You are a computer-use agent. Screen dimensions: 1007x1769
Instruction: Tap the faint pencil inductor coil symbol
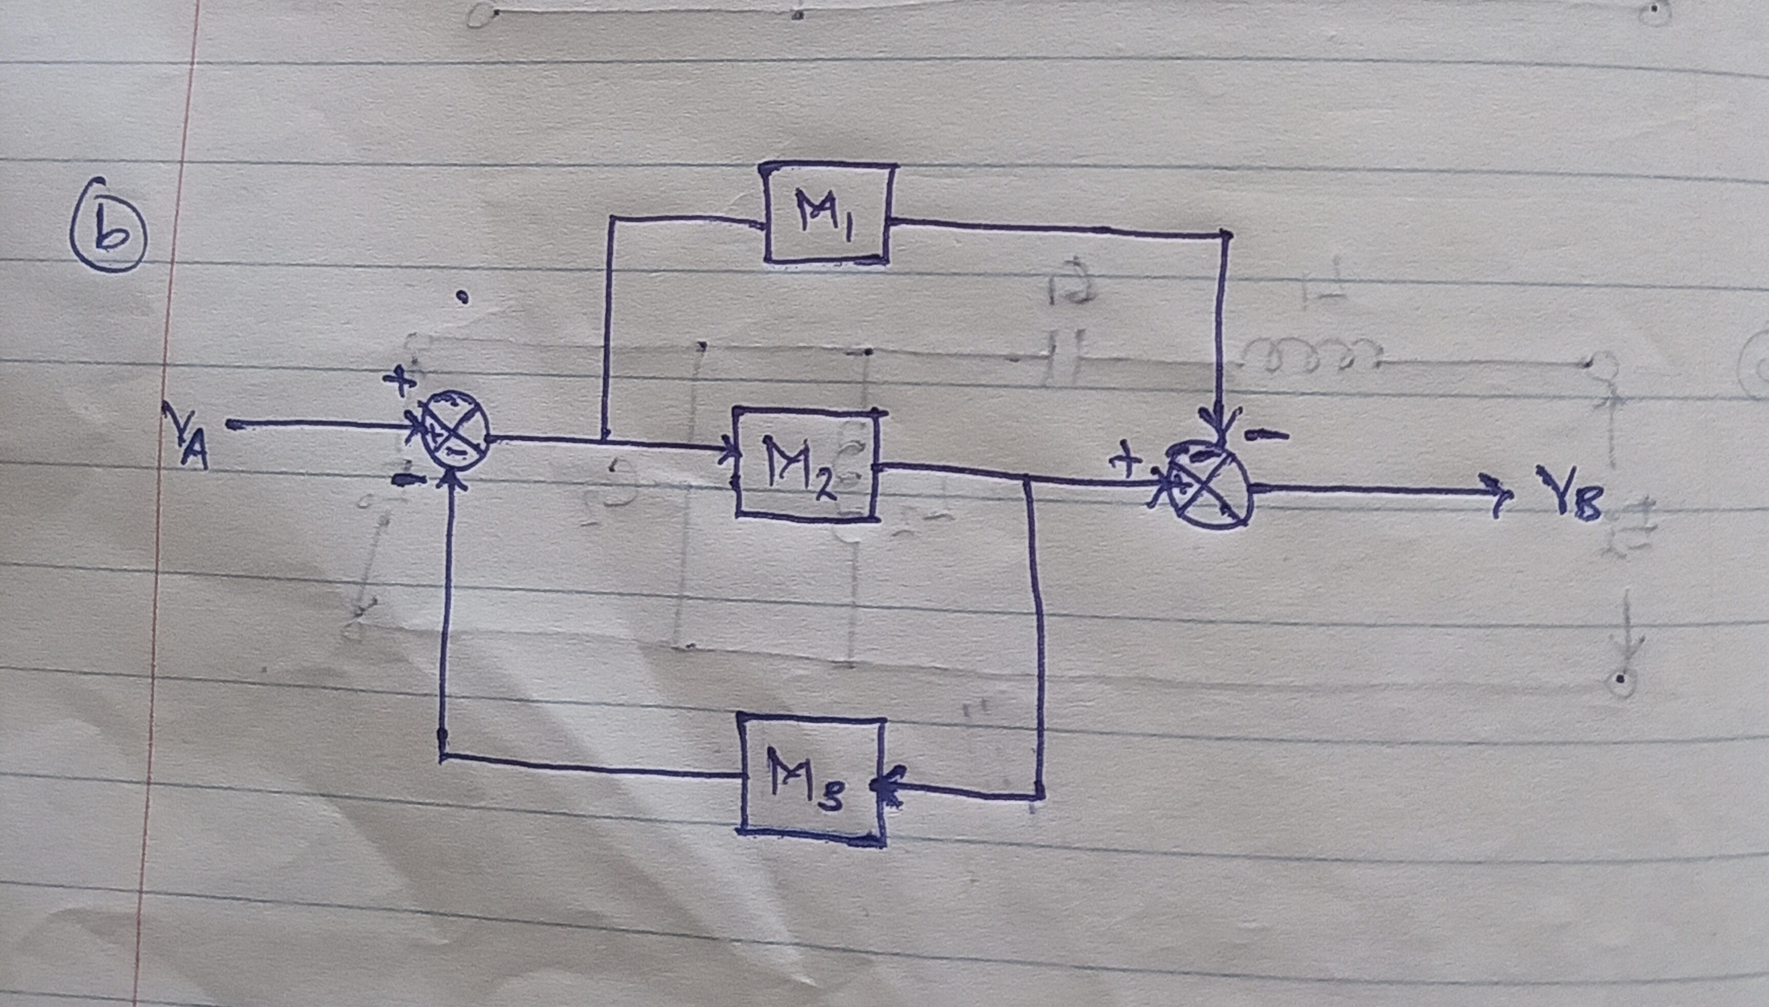click(1311, 353)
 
